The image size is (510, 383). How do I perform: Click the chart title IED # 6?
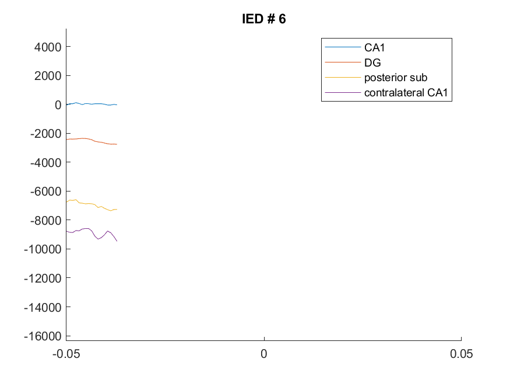point(264,19)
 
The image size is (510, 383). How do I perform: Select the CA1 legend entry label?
point(374,47)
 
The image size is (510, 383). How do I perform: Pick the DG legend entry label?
point(372,62)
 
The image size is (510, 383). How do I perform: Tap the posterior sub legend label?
point(396,78)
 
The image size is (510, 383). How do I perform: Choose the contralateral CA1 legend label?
point(406,92)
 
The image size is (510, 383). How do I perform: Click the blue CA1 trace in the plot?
point(92,104)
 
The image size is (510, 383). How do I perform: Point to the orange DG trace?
point(92,140)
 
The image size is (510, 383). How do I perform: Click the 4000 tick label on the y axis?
point(48,47)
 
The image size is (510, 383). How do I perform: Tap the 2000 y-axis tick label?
point(48,76)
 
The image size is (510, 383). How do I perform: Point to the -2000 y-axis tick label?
point(46,134)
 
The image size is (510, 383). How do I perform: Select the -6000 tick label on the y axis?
point(46,191)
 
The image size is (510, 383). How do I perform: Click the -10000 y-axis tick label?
point(43,249)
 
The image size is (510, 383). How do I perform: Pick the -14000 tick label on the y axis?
point(43,307)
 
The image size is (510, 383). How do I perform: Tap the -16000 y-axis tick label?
point(43,336)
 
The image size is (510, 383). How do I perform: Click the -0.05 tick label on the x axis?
point(66,354)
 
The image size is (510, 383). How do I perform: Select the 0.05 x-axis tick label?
point(461,354)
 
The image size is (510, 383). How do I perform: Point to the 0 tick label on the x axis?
point(264,354)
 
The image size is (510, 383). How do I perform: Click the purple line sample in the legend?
point(343,92)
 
